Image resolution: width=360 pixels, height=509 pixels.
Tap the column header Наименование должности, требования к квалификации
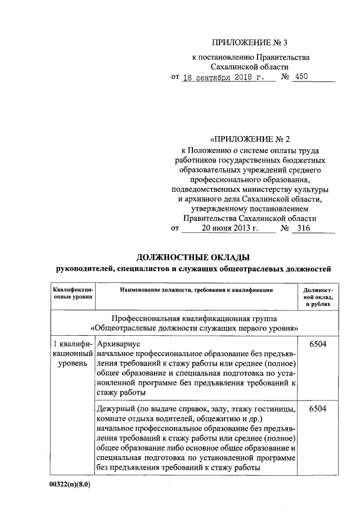tap(196, 290)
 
